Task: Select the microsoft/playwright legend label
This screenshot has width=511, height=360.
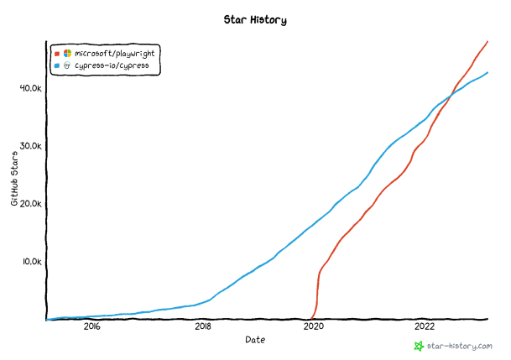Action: coord(114,53)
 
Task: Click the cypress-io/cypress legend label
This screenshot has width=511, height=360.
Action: coord(112,65)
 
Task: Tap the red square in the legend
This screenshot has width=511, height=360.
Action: coord(57,53)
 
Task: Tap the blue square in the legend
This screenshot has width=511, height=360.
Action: coord(57,65)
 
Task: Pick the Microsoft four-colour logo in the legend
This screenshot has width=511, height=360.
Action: coord(67,53)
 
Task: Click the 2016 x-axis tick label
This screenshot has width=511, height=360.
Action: coord(91,327)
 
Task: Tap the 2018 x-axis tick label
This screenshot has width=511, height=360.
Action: coord(203,327)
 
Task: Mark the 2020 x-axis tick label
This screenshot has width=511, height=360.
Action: coord(314,327)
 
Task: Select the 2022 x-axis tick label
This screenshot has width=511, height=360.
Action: coord(425,327)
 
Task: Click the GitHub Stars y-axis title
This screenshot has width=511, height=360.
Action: coord(14,180)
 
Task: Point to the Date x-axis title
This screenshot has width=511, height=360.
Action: coord(255,340)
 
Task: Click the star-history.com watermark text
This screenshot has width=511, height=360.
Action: coord(460,346)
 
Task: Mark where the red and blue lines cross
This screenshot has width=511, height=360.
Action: coord(449,97)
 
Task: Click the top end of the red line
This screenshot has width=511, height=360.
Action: coord(488,41)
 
